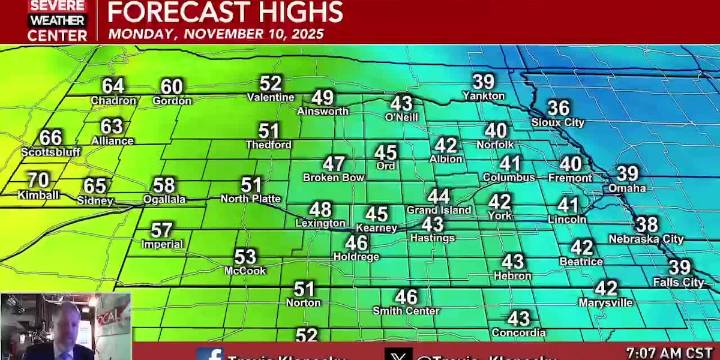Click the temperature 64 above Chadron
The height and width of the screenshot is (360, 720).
coord(113,86)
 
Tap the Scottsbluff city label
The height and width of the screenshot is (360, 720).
coord(51,152)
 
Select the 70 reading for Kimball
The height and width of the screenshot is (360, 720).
coord(38,181)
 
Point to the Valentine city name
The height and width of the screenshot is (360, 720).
coord(271,98)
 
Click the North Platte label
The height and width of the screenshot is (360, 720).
coord(250,198)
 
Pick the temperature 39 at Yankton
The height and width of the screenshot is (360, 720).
coord(484,82)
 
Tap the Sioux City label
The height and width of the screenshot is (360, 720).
coord(558,122)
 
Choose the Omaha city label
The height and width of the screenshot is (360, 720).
coord(627,188)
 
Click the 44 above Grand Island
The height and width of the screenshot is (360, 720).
coord(438,196)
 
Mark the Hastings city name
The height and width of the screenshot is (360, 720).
coord(432,238)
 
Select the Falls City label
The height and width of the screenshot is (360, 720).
coord(679,282)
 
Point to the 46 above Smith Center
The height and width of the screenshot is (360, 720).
coord(406,297)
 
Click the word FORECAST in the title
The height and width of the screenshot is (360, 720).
coord(171,12)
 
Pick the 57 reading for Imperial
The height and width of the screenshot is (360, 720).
coord(162,230)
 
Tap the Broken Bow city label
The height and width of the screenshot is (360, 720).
coord(334,177)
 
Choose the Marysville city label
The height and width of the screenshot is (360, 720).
coord(606,302)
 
